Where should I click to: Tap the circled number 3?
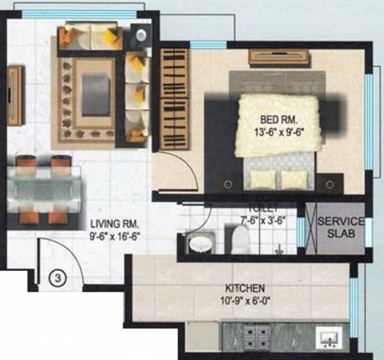pos(58,278)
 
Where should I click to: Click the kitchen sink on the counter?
pos(330,337)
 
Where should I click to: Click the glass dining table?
pos(45,191)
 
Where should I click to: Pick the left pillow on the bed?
pos(265,178)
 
